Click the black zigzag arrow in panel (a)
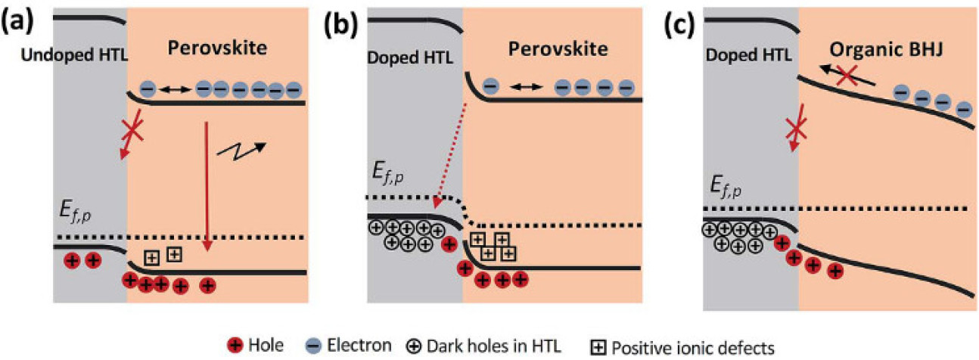241,151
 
